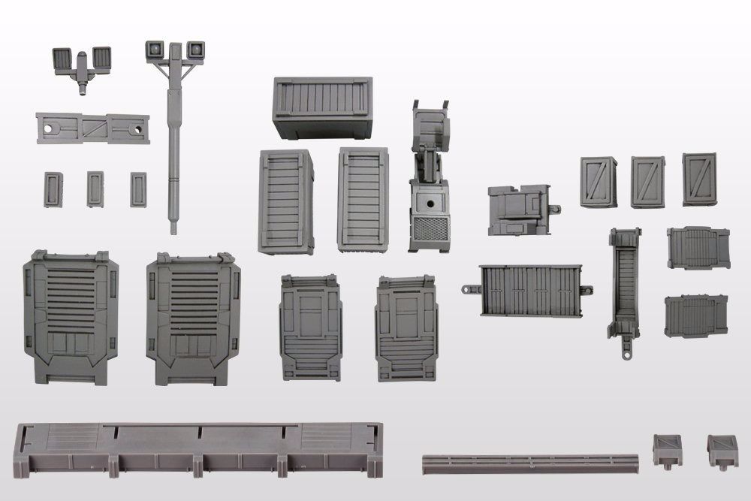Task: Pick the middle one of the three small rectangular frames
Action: (x=95, y=189)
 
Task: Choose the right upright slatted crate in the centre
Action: (x=363, y=198)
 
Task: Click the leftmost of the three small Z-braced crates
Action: (x=598, y=183)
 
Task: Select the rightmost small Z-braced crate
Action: (x=699, y=180)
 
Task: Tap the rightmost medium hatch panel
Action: (x=406, y=327)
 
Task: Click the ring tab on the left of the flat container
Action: (x=468, y=288)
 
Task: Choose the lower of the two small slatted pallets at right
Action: (x=696, y=315)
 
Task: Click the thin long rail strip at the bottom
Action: (x=529, y=459)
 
